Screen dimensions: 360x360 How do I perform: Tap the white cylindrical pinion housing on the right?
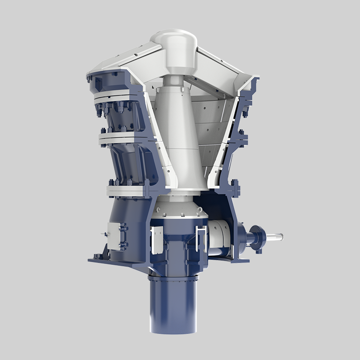point(219,236)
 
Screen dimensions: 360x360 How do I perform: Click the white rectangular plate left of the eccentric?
point(157,236)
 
